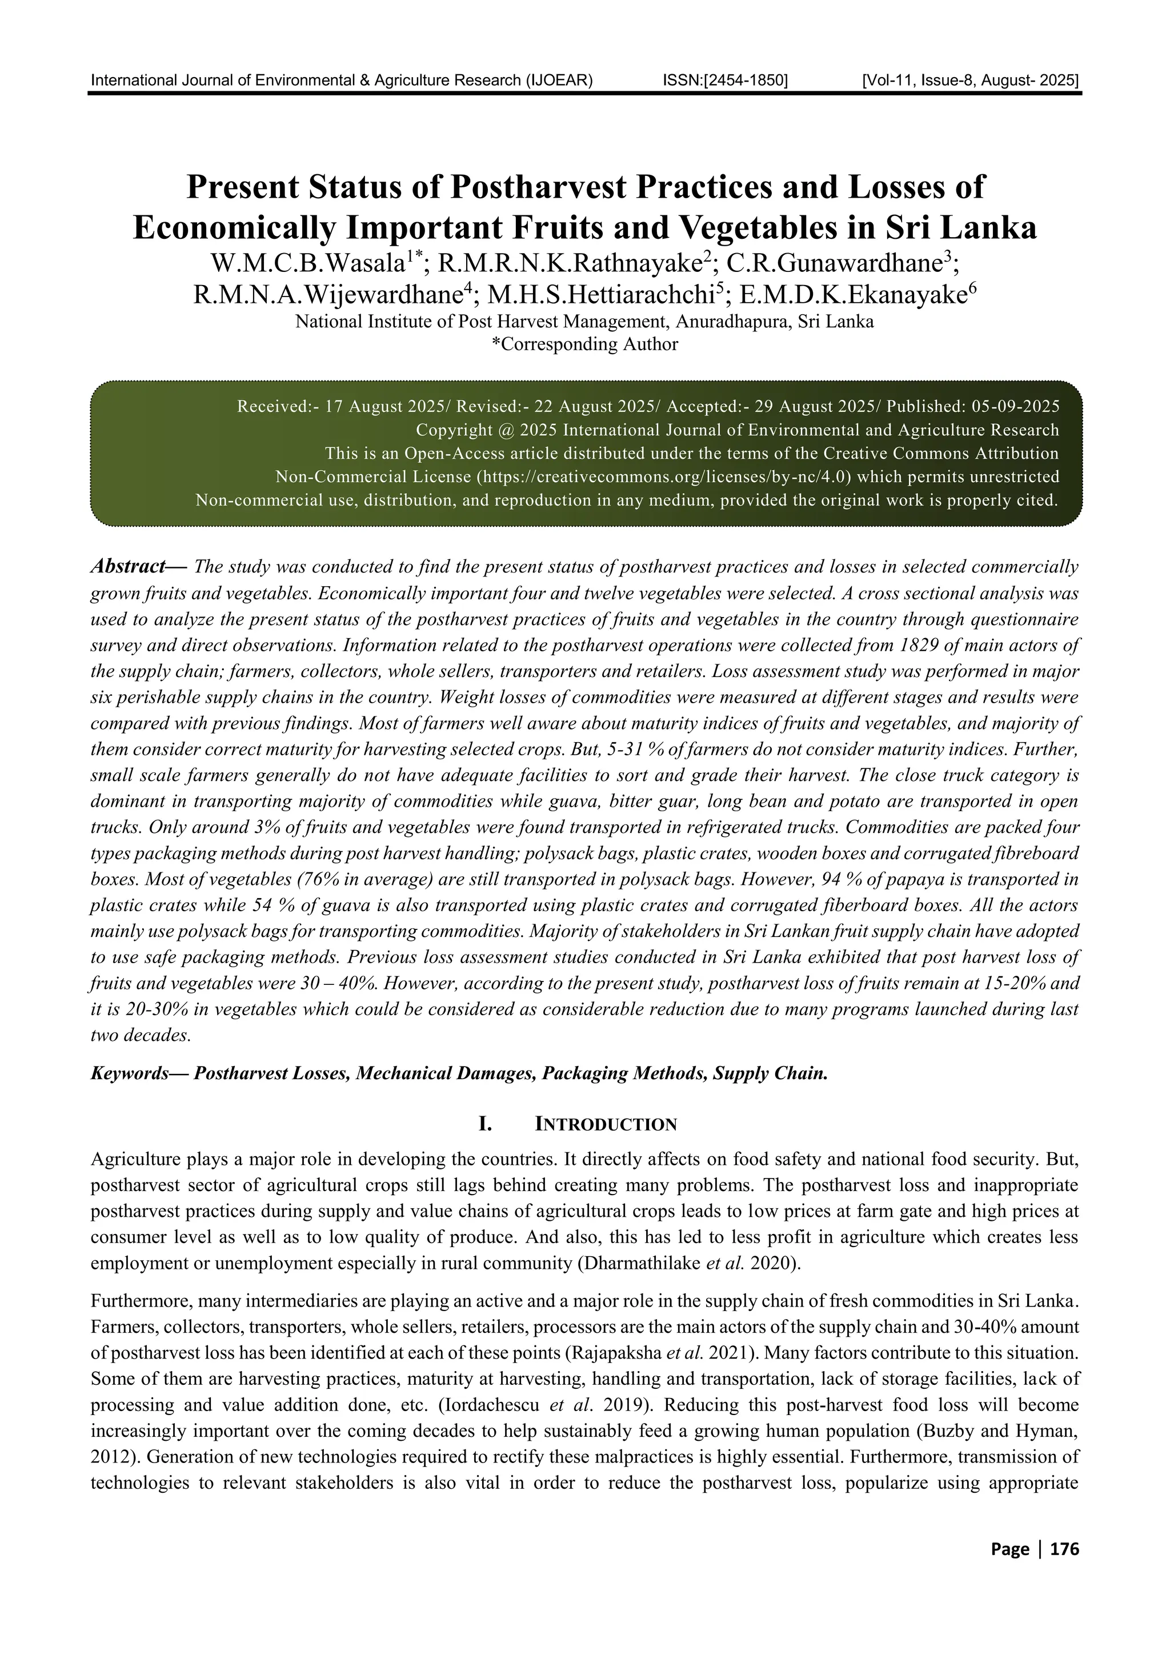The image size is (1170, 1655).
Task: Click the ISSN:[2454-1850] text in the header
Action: [724, 80]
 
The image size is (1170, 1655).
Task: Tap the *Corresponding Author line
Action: [584, 344]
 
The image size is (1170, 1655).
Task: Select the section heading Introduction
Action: [604, 1124]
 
